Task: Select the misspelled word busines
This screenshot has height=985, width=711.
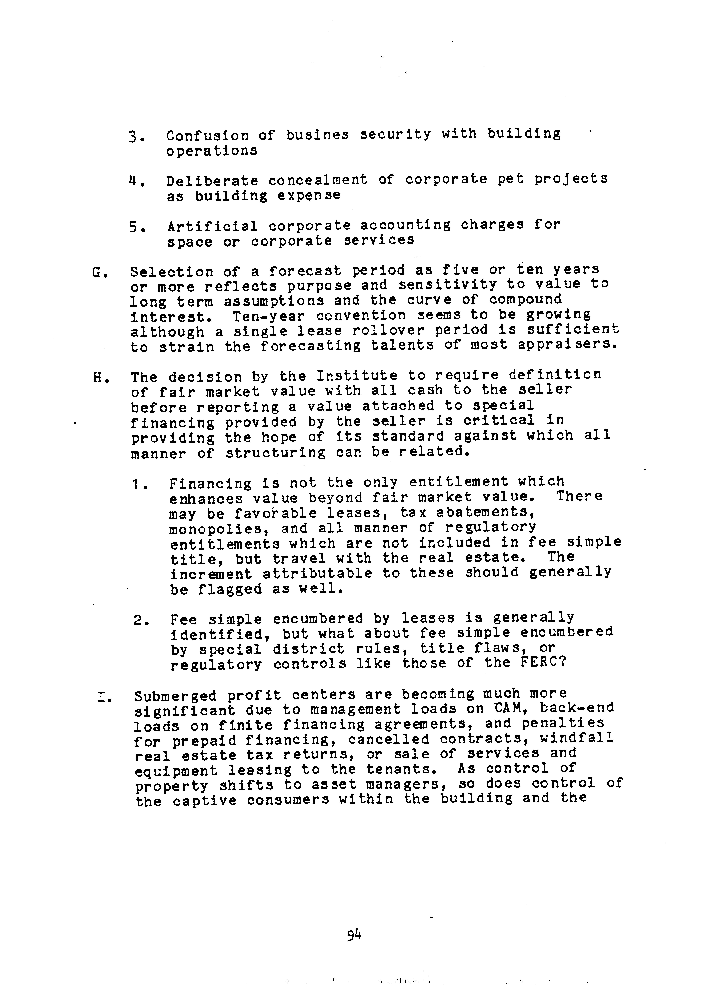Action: tap(317, 135)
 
